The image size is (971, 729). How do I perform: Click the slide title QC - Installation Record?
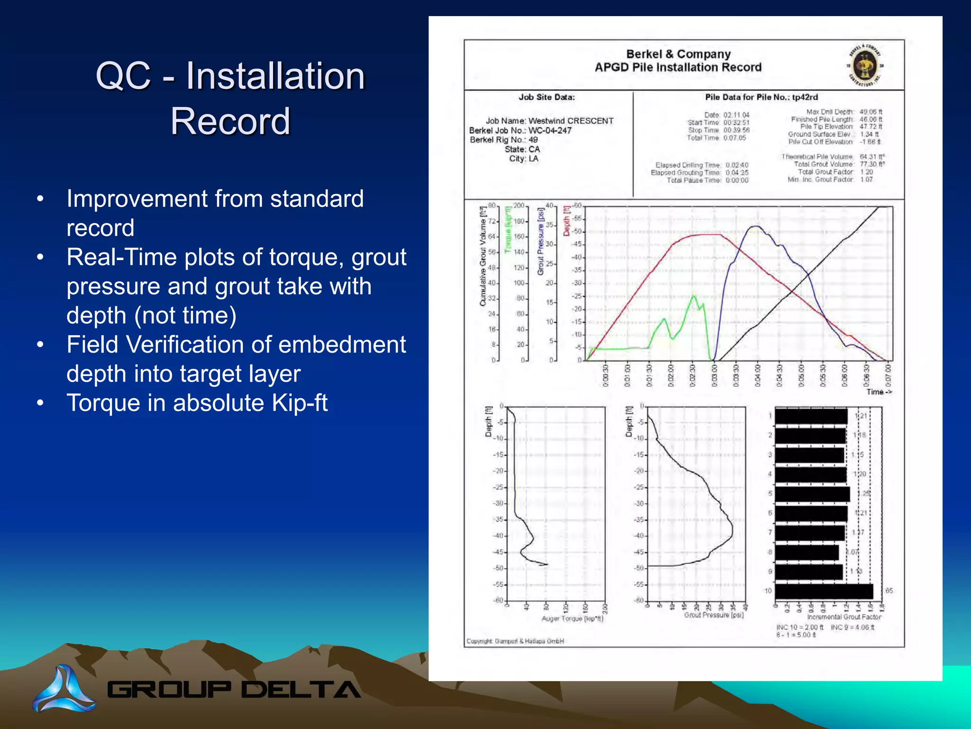230,98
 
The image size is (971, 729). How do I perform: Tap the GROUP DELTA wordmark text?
234,690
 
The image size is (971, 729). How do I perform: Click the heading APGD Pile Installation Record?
678,67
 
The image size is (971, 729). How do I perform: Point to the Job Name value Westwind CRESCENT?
571,121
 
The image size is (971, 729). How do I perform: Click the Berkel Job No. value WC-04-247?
550,131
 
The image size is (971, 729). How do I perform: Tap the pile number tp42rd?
805,97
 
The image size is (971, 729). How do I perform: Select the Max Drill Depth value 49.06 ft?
871,112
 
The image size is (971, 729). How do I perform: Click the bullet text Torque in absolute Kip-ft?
197,403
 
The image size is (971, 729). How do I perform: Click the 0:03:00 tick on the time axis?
714,375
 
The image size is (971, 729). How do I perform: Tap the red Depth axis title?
566,221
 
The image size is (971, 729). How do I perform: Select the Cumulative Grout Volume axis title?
483,256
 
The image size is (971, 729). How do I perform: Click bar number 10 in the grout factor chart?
824,591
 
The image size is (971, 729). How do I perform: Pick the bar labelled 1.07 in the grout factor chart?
806,552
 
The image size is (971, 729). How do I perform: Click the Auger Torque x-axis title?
572,619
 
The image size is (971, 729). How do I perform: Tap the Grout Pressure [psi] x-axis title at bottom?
714,615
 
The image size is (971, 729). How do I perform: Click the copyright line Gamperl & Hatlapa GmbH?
515,641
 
